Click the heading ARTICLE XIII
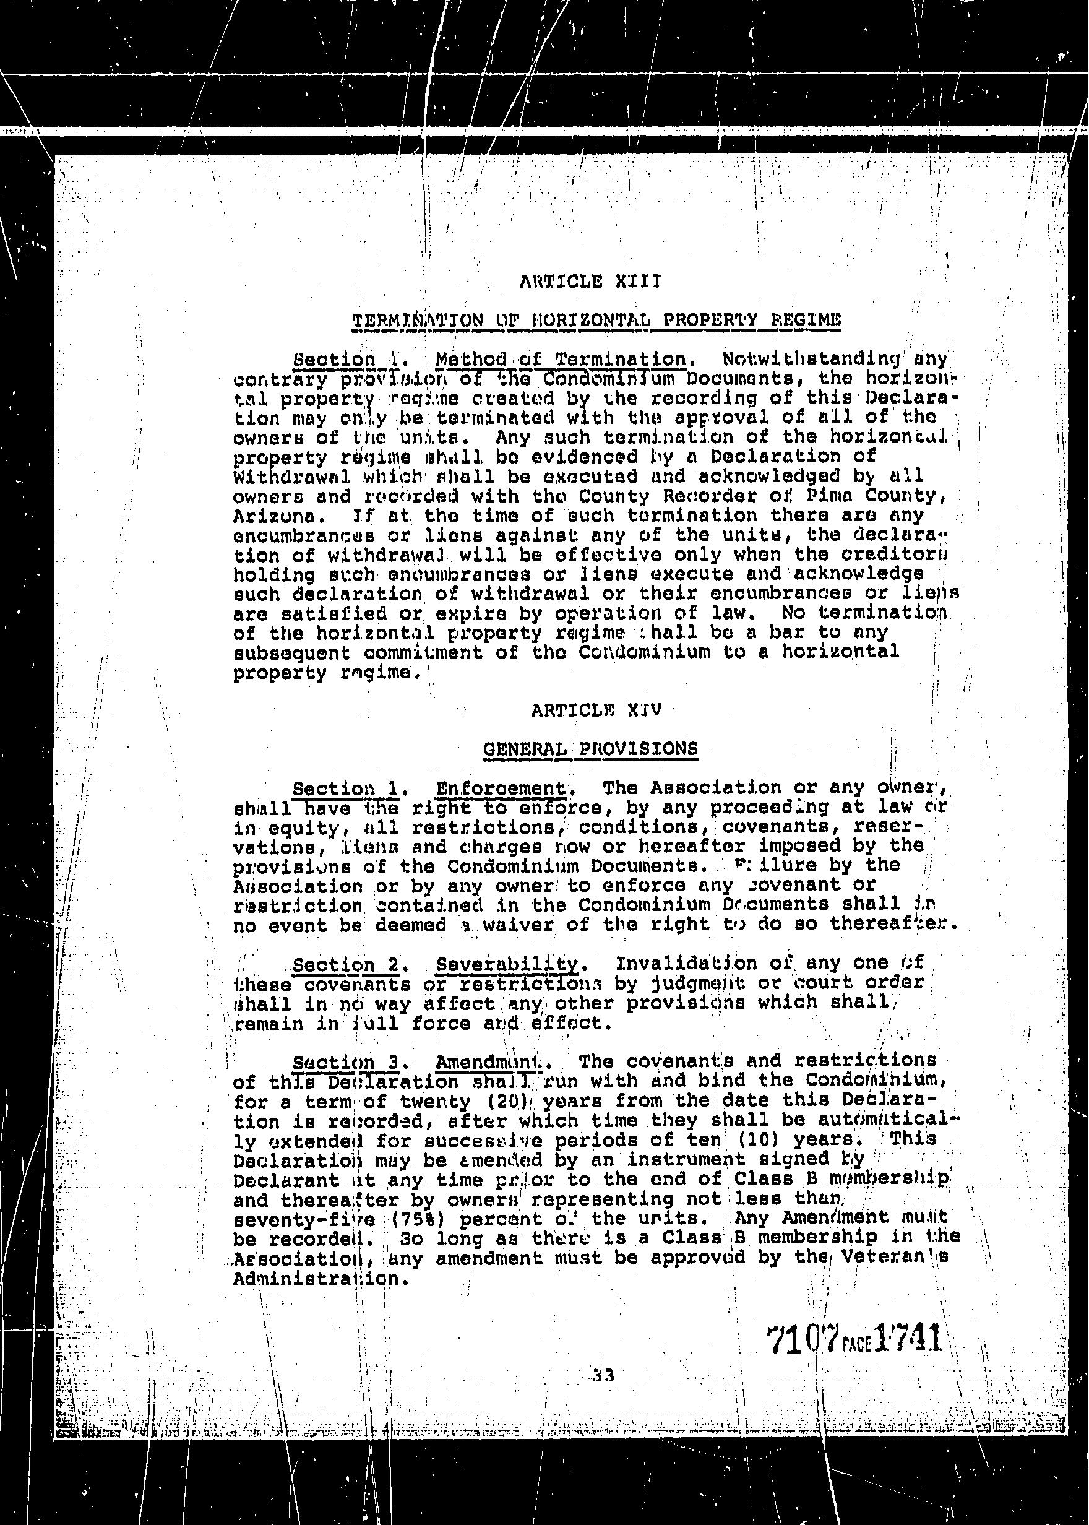coord(591,282)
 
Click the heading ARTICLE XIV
coord(596,710)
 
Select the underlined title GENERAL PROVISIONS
coord(590,749)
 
